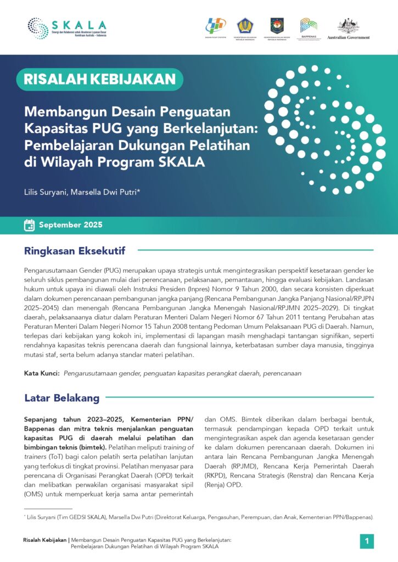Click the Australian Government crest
click(x=348, y=26)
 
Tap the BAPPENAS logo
click(x=309, y=26)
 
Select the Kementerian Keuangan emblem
click(x=245, y=26)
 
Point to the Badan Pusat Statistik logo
click(x=215, y=26)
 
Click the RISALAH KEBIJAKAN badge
click(x=99, y=79)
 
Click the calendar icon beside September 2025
click(x=29, y=225)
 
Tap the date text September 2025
click(x=70, y=225)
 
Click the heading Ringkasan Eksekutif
click(x=75, y=251)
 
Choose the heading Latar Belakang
click(x=61, y=398)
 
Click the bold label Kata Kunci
click(x=41, y=373)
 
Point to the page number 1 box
click(x=367, y=541)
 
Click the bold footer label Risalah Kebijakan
click(x=46, y=540)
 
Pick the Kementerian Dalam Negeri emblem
click(x=277, y=26)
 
